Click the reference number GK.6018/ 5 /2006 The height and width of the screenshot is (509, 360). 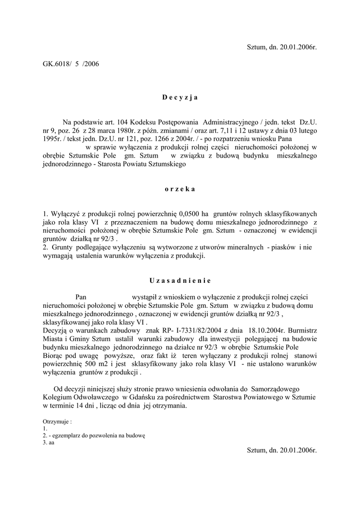click(x=71, y=64)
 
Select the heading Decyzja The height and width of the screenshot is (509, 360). click(x=180, y=97)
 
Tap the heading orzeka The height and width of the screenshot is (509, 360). click(x=180, y=189)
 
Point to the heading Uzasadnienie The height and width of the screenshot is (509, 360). click(x=180, y=280)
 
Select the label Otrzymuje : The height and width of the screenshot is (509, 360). click(x=57, y=421)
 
